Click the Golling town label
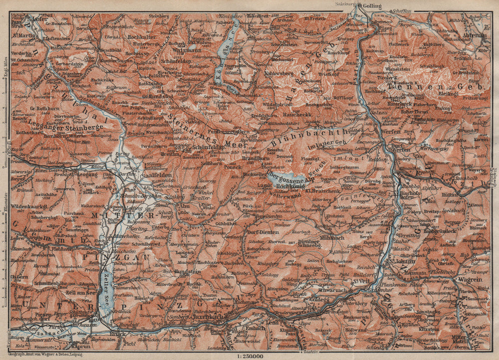pos(372,6)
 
